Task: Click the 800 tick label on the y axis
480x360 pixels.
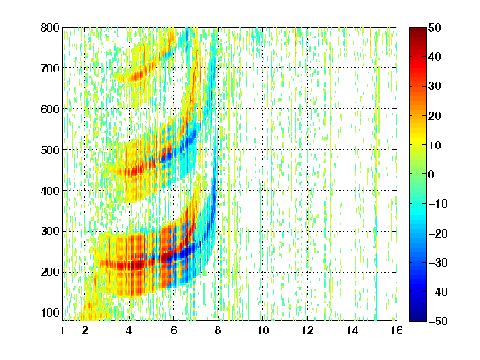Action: [x=50, y=27]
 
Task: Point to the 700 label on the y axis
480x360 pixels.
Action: [x=50, y=68]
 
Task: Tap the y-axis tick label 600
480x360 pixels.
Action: [x=50, y=109]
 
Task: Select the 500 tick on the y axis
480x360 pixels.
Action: [x=50, y=150]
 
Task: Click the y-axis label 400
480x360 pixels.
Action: [x=50, y=191]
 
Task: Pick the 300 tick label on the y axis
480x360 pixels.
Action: [x=50, y=232]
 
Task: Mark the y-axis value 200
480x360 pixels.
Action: [x=50, y=272]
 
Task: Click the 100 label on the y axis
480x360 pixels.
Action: [x=50, y=312]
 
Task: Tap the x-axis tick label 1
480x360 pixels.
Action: [x=62, y=330]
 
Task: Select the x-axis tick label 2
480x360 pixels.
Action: [x=85, y=330]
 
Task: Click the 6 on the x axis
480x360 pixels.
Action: [x=173, y=330]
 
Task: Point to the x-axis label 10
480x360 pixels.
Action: [x=262, y=330]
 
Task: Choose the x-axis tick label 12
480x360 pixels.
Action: [x=307, y=330]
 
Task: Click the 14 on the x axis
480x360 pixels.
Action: [x=352, y=330]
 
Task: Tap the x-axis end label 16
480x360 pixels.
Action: [x=397, y=330]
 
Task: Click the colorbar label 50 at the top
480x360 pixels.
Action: [x=434, y=27]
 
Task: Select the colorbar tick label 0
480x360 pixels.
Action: [x=431, y=174]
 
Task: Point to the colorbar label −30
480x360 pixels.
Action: [x=438, y=262]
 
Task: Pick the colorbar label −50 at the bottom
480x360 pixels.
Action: [x=438, y=321]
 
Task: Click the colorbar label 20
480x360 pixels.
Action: [x=434, y=116]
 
